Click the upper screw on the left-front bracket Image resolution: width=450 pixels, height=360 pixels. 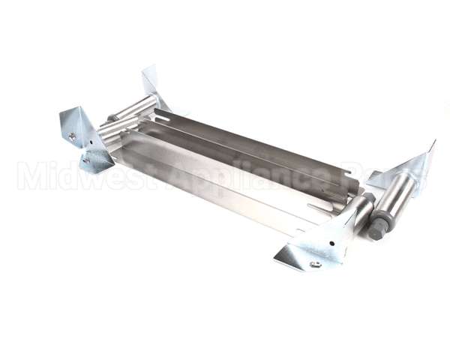pyautogui.click(x=73, y=136)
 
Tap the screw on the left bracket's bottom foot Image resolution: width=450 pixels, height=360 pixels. pyautogui.click(x=87, y=160)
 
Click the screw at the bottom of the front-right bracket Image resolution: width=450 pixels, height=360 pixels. pyautogui.click(x=315, y=264)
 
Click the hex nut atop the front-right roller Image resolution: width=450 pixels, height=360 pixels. pyautogui.click(x=369, y=198)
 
